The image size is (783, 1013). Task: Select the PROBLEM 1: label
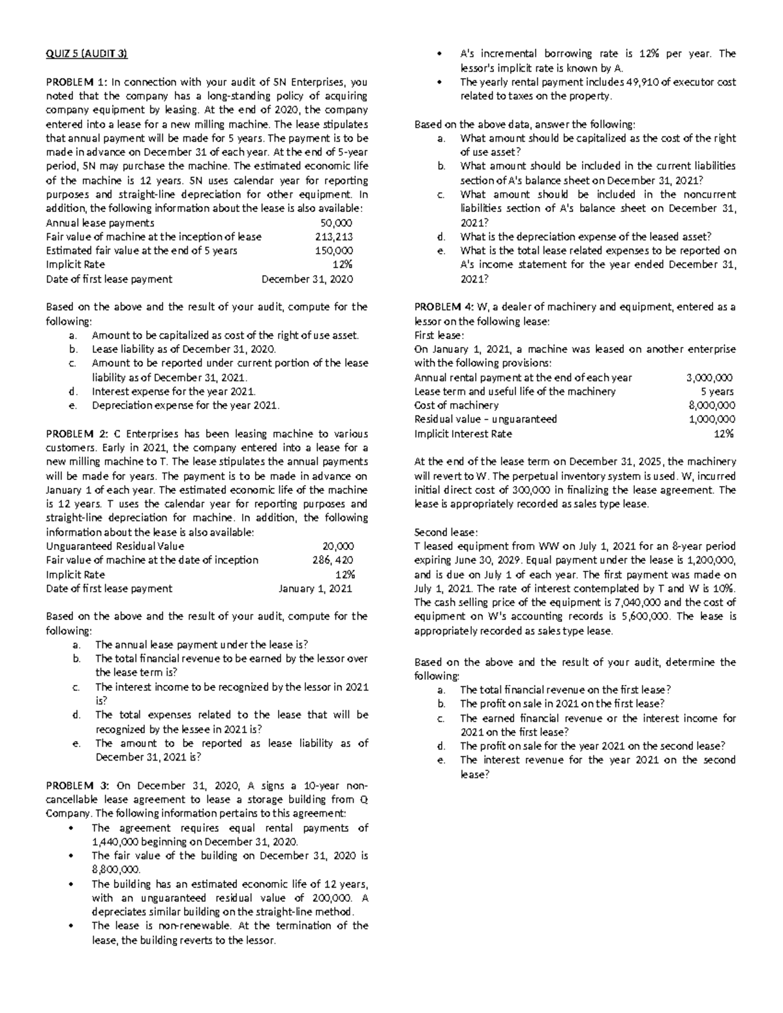point(76,82)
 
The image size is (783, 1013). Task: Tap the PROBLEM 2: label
point(76,434)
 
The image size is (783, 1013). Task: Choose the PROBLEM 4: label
point(446,307)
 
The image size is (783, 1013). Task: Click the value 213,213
point(334,237)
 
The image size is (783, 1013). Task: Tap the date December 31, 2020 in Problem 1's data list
point(307,279)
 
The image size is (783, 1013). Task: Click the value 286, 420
point(333,560)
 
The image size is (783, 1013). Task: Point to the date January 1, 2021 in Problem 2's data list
point(315,588)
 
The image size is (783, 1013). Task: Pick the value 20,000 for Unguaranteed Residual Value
point(338,546)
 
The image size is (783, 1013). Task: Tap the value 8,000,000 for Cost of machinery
point(712,406)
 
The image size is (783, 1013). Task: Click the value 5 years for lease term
point(716,391)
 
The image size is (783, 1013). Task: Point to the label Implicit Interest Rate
point(463,434)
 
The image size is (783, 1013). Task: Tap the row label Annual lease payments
point(100,222)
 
